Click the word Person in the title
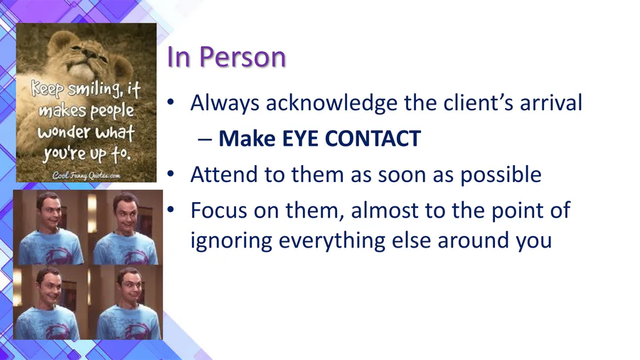click(242, 57)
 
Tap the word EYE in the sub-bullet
click(300, 138)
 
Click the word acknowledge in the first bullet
click(331, 103)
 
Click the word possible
click(501, 176)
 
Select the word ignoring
click(231, 240)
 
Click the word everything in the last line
click(332, 240)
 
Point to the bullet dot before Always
click(171, 102)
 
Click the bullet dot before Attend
click(171, 174)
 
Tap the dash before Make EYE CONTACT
click(205, 140)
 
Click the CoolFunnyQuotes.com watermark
click(86, 176)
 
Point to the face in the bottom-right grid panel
click(131, 287)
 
